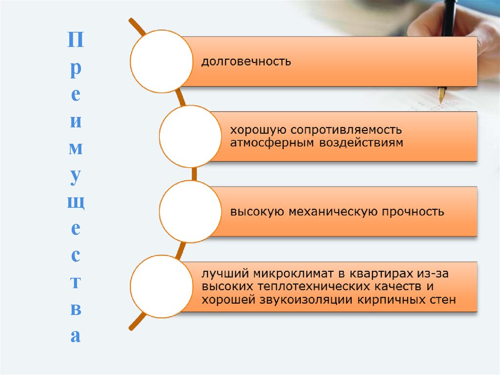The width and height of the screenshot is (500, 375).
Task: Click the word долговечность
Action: [x=247, y=62]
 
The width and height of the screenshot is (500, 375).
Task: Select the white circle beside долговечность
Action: [x=161, y=62]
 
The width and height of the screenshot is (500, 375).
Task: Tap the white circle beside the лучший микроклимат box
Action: [x=161, y=287]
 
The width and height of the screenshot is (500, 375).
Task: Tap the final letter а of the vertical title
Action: [x=75, y=336]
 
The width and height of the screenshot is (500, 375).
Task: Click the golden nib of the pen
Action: [x=441, y=94]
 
